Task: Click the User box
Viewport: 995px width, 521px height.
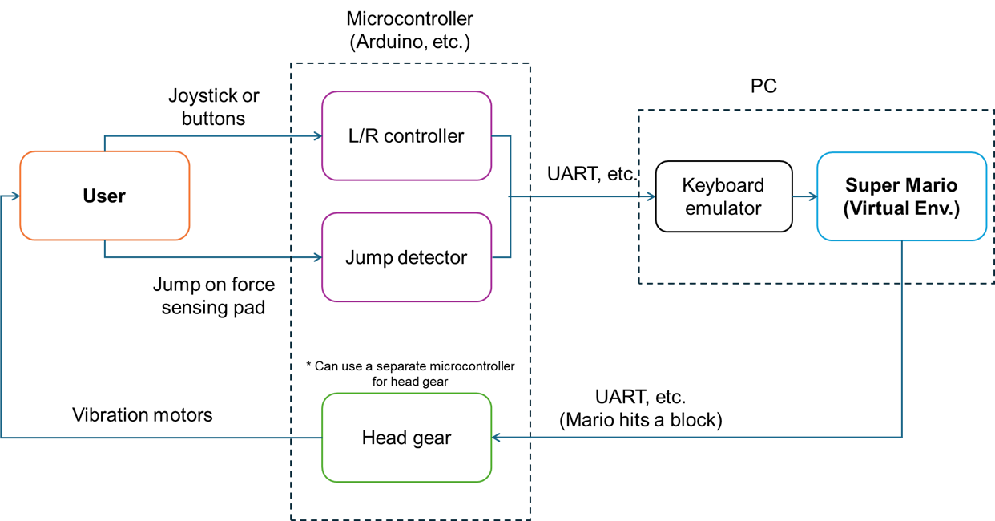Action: [104, 196]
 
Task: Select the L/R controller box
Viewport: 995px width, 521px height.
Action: [406, 135]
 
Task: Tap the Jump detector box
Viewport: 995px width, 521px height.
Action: [406, 257]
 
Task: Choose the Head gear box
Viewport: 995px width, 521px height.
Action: [406, 438]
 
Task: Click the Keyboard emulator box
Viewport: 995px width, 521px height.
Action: [723, 196]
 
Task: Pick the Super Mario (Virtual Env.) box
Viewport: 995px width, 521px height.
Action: [901, 196]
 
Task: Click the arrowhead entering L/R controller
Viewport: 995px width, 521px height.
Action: [317, 136]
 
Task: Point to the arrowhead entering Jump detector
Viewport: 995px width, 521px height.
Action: [317, 257]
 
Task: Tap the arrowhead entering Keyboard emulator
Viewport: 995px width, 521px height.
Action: [651, 196]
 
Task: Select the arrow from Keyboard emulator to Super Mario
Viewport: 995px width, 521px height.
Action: [804, 196]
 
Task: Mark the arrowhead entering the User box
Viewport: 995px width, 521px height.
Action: [14, 196]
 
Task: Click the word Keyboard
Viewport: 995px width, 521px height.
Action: [723, 185]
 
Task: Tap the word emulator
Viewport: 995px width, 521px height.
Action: [723, 208]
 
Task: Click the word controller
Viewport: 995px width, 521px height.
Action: [424, 135]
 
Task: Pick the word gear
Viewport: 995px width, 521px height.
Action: [433, 438]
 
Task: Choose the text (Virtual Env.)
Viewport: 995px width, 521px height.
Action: [901, 208]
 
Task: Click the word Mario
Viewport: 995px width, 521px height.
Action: [930, 185]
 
